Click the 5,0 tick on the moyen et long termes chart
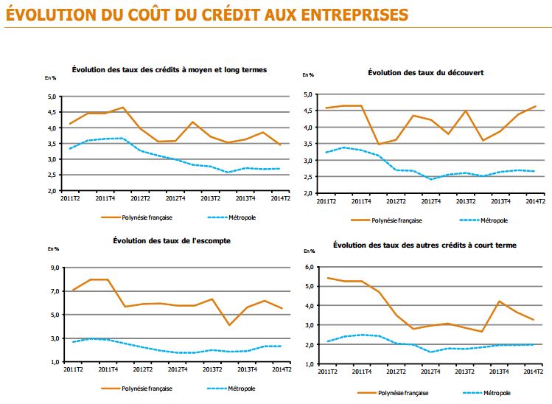pos(52,97)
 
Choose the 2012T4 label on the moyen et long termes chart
pos(175,198)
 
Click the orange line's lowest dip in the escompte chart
pos(230,325)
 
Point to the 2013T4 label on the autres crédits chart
pos(501,372)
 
